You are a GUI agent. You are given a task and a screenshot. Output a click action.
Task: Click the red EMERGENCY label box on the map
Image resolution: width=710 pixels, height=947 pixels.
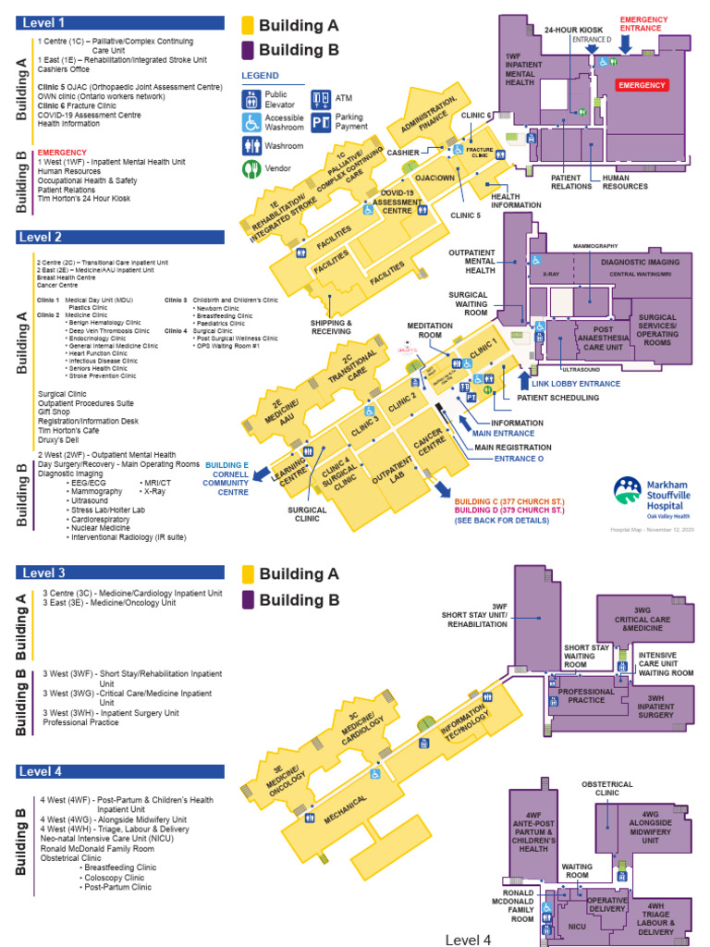(x=641, y=84)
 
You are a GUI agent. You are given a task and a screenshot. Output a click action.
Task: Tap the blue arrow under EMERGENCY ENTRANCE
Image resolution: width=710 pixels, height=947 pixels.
(x=626, y=44)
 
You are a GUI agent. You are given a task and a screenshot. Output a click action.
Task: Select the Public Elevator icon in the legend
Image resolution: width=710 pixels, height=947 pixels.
(x=251, y=99)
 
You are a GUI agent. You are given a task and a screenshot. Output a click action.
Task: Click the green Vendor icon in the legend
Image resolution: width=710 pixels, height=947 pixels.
(x=251, y=168)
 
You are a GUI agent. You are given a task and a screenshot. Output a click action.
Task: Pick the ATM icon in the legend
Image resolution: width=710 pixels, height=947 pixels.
(x=320, y=97)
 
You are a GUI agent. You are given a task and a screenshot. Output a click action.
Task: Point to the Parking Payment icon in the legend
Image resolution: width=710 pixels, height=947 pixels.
(x=320, y=122)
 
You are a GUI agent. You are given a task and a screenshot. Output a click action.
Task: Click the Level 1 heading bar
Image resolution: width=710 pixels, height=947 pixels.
(x=126, y=23)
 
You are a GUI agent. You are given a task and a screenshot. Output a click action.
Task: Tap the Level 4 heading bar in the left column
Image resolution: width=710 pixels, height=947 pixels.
(x=126, y=771)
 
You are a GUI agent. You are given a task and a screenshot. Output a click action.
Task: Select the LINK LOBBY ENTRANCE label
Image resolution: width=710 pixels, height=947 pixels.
(x=575, y=383)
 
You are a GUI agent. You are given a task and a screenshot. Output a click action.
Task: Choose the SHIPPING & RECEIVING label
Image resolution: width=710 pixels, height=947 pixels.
(x=332, y=326)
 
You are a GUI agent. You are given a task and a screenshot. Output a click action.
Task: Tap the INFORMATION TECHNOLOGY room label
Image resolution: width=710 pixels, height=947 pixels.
(x=464, y=720)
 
